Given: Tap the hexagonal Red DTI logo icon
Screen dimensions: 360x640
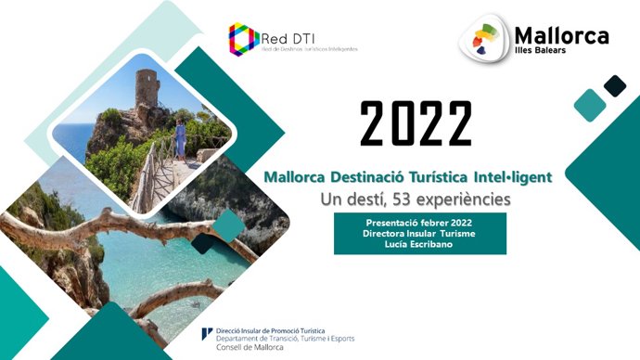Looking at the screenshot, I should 244,38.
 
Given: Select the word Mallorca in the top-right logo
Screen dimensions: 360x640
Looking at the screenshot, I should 562,35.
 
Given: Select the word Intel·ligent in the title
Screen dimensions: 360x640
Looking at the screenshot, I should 519,175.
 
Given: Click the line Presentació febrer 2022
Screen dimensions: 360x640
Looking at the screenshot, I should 413,224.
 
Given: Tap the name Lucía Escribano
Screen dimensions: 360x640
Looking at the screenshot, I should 413,244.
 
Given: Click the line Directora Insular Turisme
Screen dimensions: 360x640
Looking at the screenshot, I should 413,234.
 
